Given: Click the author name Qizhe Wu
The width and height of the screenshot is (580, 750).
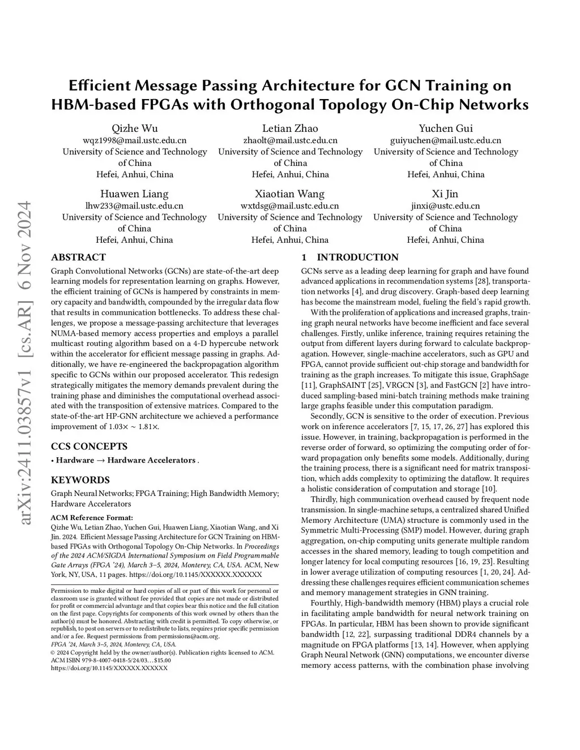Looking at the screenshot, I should (135, 128).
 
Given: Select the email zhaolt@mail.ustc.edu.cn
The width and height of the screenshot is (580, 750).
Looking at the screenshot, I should (290, 140).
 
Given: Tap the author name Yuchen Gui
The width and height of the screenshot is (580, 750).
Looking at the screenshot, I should (446, 128).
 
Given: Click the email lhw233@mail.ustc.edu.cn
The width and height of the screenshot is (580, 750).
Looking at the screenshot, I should (134, 206).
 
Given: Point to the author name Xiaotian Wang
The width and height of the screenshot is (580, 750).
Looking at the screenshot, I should (289, 194).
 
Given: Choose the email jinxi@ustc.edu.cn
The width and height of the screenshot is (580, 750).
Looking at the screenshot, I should (445, 206).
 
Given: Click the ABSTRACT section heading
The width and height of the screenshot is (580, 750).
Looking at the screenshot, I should (78, 258).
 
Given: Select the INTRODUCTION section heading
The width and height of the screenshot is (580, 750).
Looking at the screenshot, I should (357, 258).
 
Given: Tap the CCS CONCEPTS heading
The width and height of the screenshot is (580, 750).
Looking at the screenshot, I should (89, 446).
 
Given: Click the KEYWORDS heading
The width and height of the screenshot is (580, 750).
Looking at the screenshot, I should (80, 480).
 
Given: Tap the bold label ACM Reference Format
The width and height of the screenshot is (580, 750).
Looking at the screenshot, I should (92, 517).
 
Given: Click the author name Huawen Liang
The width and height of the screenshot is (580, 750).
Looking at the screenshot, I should (134, 194).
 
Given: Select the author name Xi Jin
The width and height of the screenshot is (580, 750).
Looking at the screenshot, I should (445, 194).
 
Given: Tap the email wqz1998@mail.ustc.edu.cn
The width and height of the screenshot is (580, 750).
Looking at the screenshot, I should (135, 140).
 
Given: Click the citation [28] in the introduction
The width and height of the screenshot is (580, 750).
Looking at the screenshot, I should (482, 281).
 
